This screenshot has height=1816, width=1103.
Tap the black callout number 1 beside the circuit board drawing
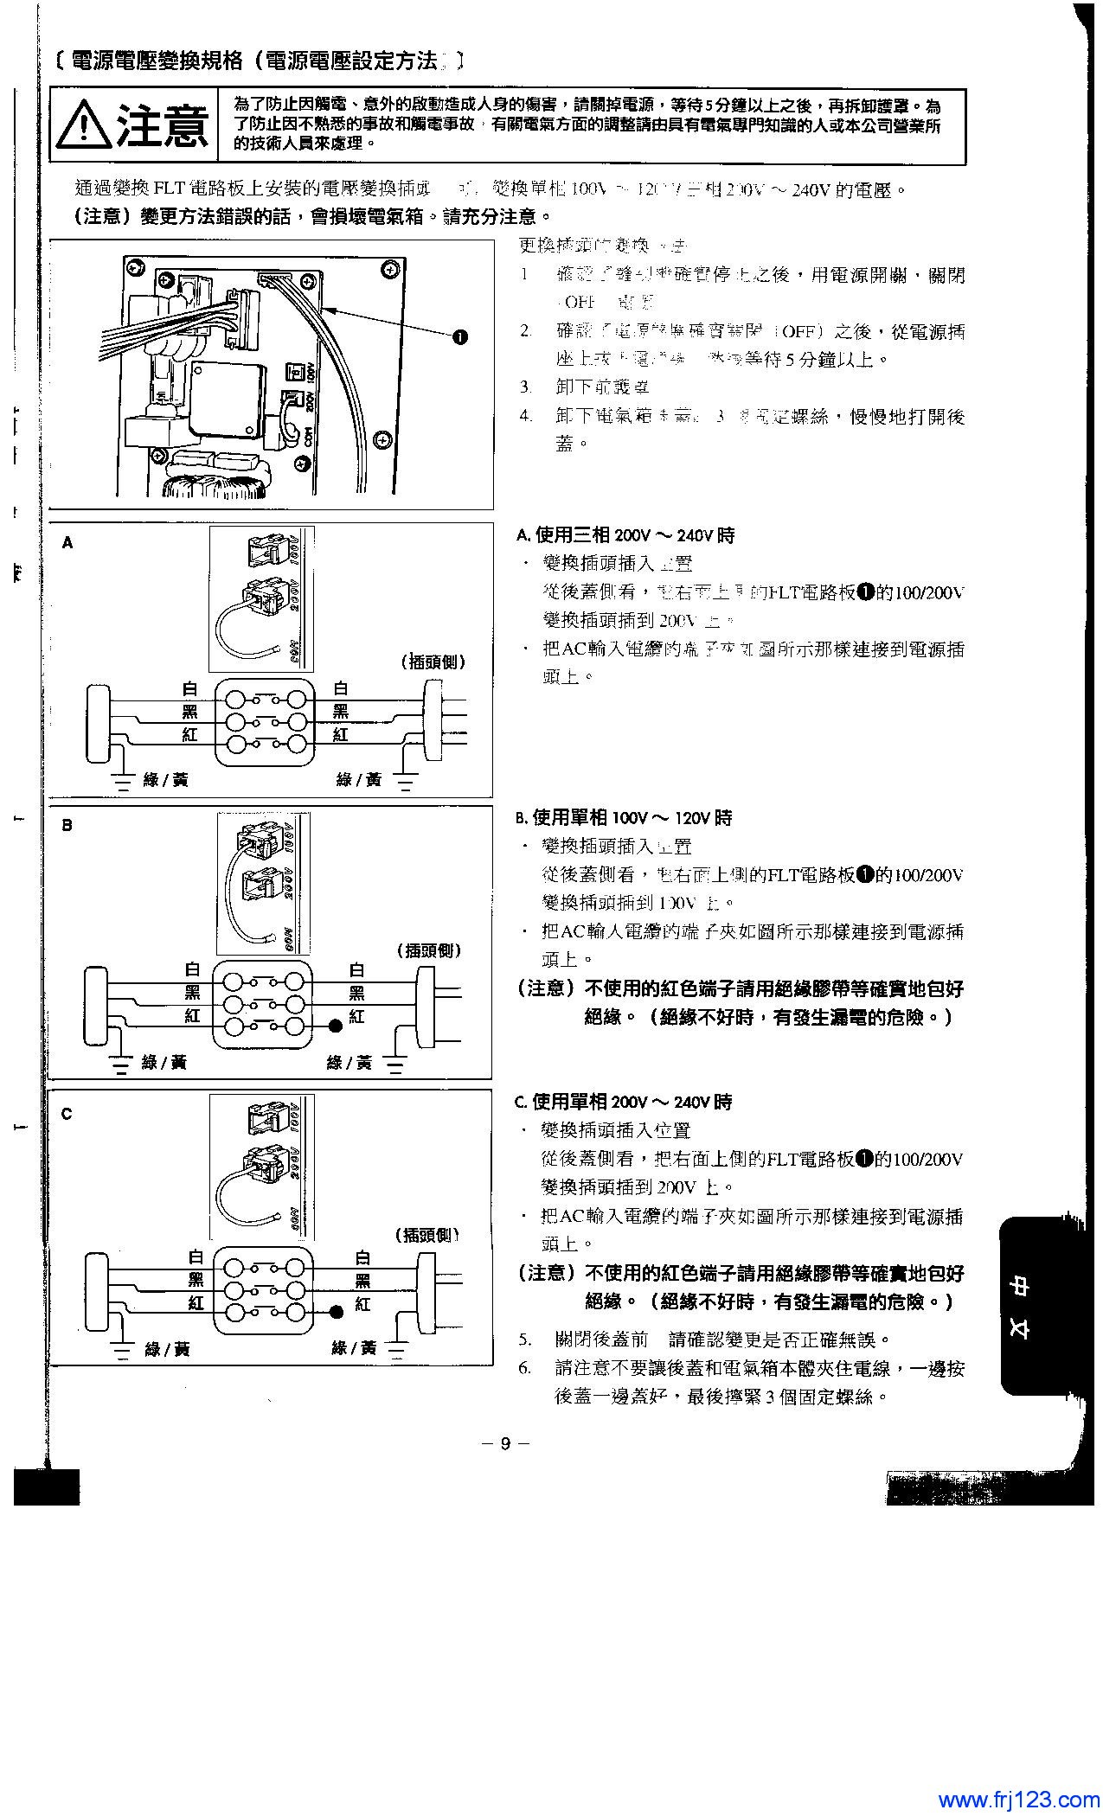(x=460, y=336)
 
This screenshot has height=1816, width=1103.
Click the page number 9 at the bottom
(x=505, y=1443)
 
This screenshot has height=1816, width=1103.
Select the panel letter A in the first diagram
(x=68, y=543)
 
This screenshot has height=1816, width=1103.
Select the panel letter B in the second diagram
(x=67, y=825)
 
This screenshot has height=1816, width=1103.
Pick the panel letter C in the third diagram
(x=67, y=1114)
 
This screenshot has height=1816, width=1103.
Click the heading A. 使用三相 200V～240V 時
(x=625, y=536)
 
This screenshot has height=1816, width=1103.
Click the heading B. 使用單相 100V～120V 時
(x=624, y=818)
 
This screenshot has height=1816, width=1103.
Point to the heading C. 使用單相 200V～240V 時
(x=623, y=1103)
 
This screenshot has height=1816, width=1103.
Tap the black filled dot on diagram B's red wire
(x=334, y=1026)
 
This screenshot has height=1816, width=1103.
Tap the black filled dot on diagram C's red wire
(x=336, y=1312)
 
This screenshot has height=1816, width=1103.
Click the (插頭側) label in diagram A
(x=434, y=662)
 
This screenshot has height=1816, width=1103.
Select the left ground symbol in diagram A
(x=123, y=783)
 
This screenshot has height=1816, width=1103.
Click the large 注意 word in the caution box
(x=163, y=126)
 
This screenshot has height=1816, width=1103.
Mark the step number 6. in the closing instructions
(x=525, y=1369)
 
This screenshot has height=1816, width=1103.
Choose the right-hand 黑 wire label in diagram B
(x=356, y=993)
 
